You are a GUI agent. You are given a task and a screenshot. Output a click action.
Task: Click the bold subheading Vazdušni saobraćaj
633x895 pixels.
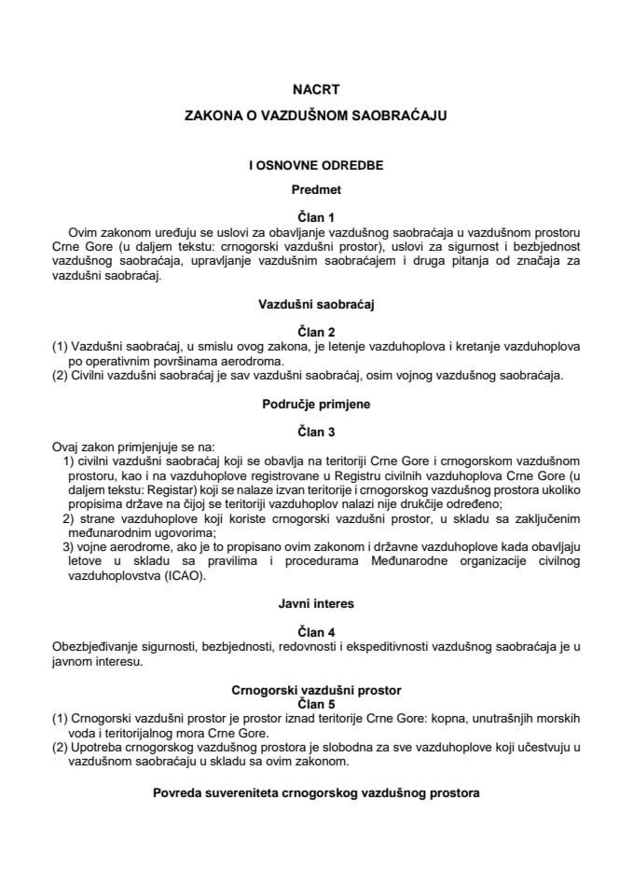point(315,303)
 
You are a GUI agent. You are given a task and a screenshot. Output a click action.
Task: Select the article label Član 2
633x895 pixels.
point(315,329)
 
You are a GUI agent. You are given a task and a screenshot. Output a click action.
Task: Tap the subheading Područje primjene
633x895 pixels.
point(315,406)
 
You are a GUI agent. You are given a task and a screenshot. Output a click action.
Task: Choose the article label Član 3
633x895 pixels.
point(315,432)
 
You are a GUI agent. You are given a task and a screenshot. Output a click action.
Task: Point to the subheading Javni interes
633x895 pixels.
point(315,603)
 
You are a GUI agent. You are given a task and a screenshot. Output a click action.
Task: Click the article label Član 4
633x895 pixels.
point(315,629)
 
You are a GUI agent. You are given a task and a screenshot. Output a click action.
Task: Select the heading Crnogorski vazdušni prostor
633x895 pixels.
point(315,690)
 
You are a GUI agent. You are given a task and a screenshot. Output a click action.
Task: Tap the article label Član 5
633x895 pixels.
point(315,703)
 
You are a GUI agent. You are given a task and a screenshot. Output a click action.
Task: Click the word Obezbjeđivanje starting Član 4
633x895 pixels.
point(97,644)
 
